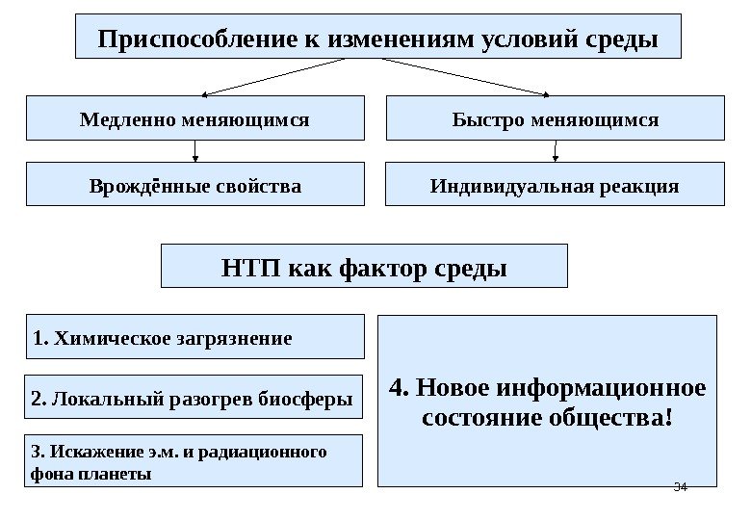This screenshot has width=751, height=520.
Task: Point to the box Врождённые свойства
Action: coord(194,184)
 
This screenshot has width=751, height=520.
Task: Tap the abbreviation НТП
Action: coord(248,267)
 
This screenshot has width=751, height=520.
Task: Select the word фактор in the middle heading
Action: coord(383,267)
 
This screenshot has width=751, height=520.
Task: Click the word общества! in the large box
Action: coord(621,420)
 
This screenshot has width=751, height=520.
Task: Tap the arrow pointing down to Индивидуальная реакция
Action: coord(556,151)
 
